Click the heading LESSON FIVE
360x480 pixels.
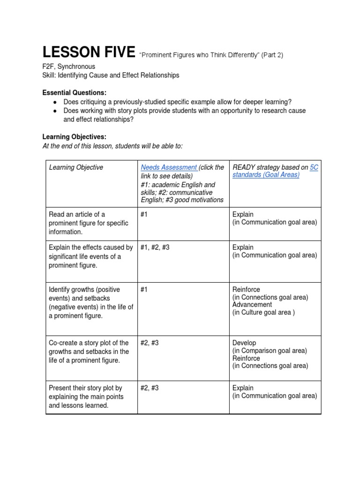(x=89, y=52)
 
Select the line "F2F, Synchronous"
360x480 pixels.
(x=69, y=67)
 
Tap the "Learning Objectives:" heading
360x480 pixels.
(x=75, y=137)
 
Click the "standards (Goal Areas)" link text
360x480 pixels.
(x=266, y=175)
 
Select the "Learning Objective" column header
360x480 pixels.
(x=76, y=167)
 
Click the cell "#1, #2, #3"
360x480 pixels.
(x=155, y=247)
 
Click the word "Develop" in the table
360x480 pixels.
(x=244, y=343)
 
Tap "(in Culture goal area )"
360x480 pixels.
(x=263, y=313)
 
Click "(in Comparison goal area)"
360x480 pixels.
(x=270, y=351)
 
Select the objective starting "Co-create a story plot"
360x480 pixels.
(x=89, y=351)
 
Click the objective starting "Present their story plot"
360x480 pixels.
(x=85, y=397)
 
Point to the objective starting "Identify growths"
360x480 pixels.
(x=91, y=303)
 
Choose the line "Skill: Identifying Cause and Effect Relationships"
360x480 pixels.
(x=111, y=75)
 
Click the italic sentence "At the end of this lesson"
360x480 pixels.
(x=112, y=146)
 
